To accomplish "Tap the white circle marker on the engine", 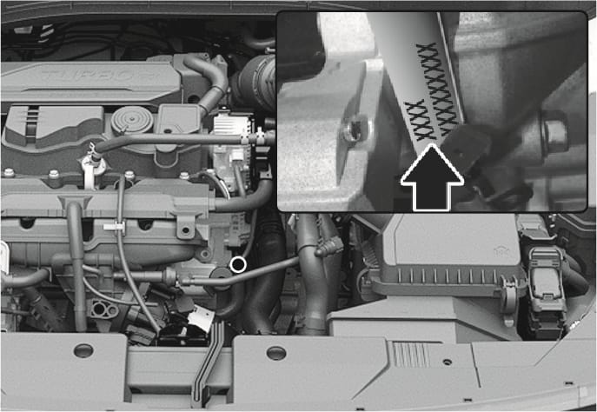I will (237, 263).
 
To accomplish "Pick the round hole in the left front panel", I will (83, 352).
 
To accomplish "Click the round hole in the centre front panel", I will (275, 353).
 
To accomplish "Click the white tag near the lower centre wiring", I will (200, 320).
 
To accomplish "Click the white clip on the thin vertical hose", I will (111, 227).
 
